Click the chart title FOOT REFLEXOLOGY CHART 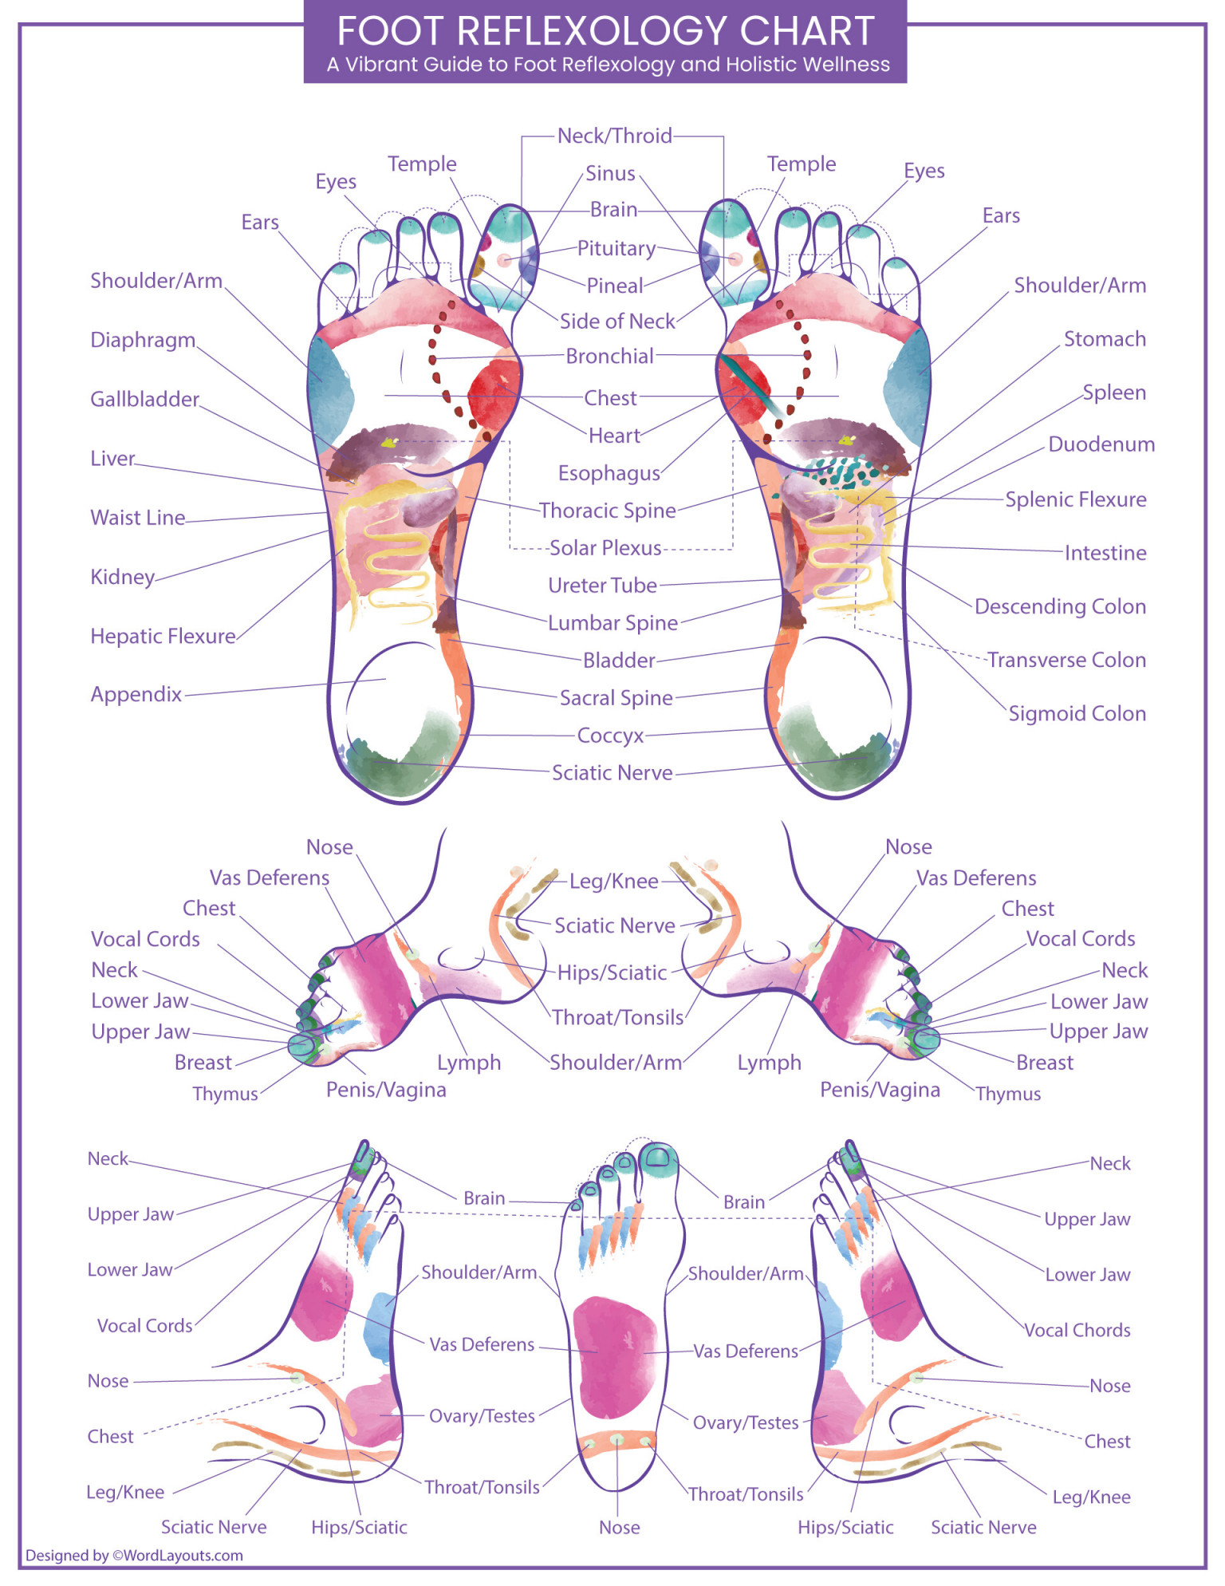pyautogui.click(x=605, y=32)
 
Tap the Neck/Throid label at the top pyautogui.click(x=614, y=136)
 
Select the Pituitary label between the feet pyautogui.click(x=616, y=248)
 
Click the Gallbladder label pyautogui.click(x=144, y=399)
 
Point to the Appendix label pyautogui.click(x=136, y=694)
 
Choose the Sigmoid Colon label pyautogui.click(x=1077, y=713)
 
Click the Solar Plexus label pyautogui.click(x=605, y=548)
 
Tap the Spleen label pyautogui.click(x=1114, y=393)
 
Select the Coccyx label pyautogui.click(x=610, y=736)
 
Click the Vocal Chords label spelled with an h pyautogui.click(x=1077, y=1331)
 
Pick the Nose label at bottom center pyautogui.click(x=619, y=1528)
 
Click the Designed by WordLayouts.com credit pyautogui.click(x=134, y=1556)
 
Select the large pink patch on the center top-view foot pyautogui.click(x=614, y=1356)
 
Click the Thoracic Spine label pyautogui.click(x=607, y=511)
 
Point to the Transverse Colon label pyautogui.click(x=1066, y=661)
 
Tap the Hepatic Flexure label pyautogui.click(x=163, y=636)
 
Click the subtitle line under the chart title pyautogui.click(x=608, y=65)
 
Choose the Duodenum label pyautogui.click(x=1101, y=444)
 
